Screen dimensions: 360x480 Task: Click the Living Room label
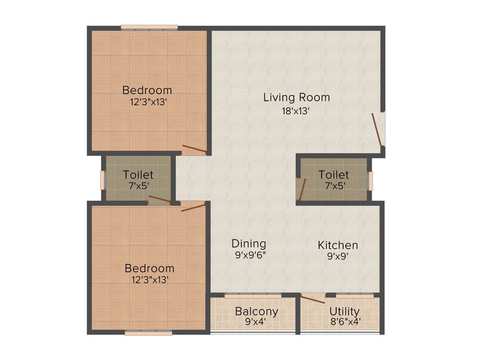[296, 97]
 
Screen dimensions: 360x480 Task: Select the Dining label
[249, 244]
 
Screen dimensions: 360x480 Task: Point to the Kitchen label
[337, 245]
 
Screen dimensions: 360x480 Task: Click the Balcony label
[256, 312]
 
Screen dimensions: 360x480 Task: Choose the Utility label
[344, 312]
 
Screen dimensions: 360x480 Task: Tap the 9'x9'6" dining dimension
[249, 256]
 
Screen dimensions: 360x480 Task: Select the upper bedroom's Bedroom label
[147, 90]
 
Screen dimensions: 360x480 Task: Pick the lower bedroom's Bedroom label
[149, 269]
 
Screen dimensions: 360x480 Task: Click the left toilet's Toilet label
[138, 174]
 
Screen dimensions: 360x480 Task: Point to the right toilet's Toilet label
[333, 174]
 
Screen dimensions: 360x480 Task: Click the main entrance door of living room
[378, 129]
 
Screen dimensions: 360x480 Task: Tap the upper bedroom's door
[194, 150]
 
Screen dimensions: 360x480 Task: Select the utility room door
[312, 299]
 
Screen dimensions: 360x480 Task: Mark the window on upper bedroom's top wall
[149, 27]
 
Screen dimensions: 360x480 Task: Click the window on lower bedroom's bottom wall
[148, 333]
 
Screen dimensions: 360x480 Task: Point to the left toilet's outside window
[103, 180]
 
